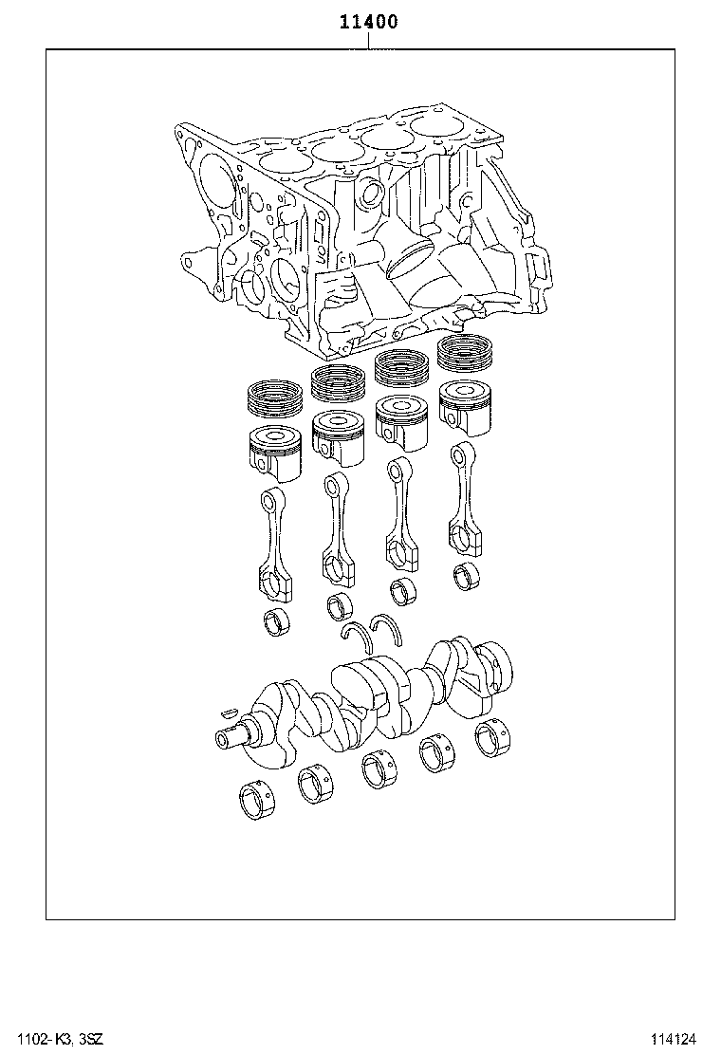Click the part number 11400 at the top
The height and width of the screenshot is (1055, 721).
tap(368, 21)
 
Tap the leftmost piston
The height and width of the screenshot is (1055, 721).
tap(275, 448)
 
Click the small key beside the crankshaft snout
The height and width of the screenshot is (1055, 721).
tap(227, 709)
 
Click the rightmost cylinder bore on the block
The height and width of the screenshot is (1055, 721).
tap(440, 127)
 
